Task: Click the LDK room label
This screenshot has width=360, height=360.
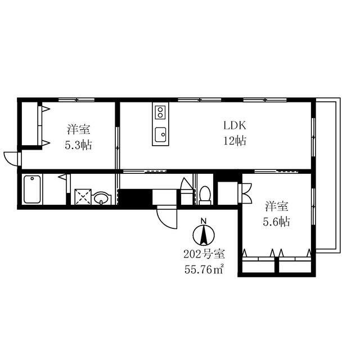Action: pos(235,125)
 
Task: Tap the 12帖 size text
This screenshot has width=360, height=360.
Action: pos(235,141)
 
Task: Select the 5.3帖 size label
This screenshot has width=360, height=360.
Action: pos(78,145)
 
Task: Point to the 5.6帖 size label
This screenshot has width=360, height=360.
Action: pos(276,222)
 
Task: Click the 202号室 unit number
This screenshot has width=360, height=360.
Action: pos(204,254)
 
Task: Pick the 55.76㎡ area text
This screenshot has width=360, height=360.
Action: pos(204,269)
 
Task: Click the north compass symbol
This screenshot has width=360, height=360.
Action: pos(204,235)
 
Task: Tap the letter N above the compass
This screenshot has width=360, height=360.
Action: pos(204,221)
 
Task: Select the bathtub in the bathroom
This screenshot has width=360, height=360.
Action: pos(32,190)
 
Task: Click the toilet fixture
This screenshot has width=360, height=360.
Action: pos(205,195)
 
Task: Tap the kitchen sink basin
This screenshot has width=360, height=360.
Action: pos(160,134)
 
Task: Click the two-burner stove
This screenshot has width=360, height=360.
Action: pos(160,112)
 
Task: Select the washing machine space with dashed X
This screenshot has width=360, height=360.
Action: pos(83,197)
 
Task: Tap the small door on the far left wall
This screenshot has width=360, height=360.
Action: pos(11,159)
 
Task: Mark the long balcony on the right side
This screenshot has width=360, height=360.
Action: pos(328,175)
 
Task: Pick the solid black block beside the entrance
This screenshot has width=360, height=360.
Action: pos(136,197)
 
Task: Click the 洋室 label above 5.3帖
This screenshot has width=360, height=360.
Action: pos(79,129)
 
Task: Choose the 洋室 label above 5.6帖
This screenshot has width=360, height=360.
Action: pos(277,206)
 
